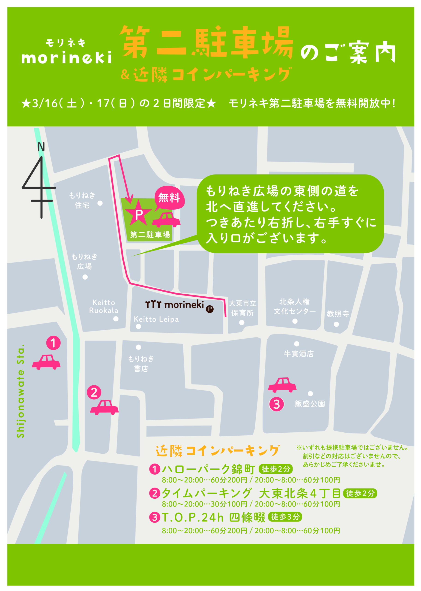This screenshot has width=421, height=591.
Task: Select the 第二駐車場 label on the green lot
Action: pos(150,235)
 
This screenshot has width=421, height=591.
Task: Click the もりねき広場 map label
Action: pos(84,262)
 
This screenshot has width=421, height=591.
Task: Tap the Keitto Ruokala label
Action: pos(104,306)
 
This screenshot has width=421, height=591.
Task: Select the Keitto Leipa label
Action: pos(156,319)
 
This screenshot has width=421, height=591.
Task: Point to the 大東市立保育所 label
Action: pos(242,308)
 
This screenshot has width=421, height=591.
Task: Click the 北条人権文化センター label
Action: pos(295,306)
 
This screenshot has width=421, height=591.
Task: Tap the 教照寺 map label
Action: pos(338,314)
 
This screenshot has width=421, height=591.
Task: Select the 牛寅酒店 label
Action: pos(299,354)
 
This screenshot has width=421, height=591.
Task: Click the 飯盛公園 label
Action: pos(310,404)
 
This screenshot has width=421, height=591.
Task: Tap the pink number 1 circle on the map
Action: pos(53,343)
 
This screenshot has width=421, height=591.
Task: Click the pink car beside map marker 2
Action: pos(104,407)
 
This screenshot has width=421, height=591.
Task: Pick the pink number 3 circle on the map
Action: pos(276,404)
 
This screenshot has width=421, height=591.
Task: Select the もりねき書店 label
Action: pos(141,364)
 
